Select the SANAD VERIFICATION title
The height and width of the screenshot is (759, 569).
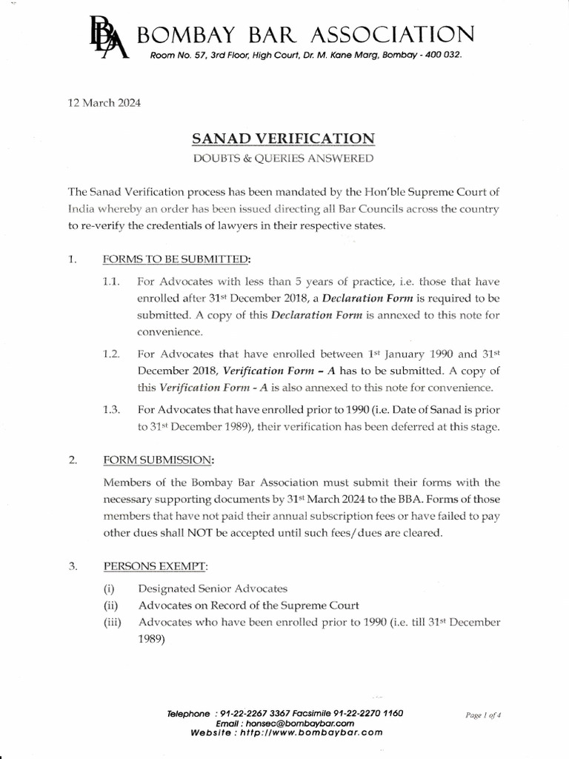(284, 138)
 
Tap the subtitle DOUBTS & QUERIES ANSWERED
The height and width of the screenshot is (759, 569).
(284, 158)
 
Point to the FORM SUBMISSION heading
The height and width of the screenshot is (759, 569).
(158, 460)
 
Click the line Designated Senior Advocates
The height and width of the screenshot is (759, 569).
(213, 589)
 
